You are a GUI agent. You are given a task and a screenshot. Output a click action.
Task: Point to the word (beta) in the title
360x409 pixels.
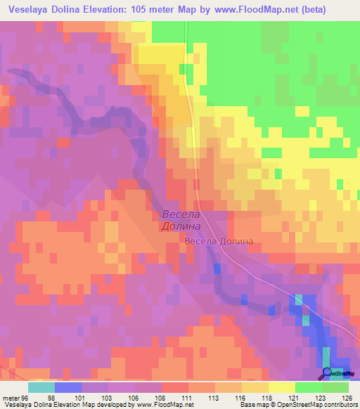[x=333, y=10]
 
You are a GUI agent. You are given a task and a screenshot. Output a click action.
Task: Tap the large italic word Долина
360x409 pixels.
[x=181, y=227]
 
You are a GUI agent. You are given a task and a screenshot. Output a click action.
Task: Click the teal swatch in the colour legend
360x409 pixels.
[x=41, y=387]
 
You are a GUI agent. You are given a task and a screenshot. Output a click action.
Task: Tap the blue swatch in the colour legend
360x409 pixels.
[x=68, y=387]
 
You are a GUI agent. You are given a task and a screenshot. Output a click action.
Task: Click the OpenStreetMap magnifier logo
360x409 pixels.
[x=326, y=373]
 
